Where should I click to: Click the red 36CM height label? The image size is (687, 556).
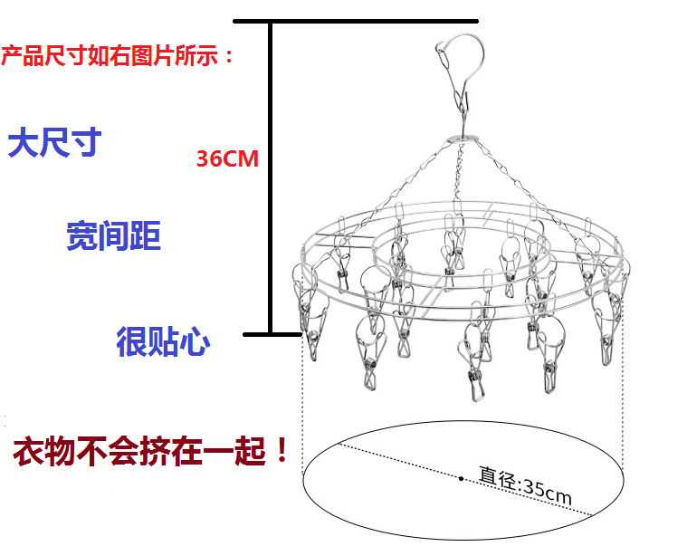tap(227, 159)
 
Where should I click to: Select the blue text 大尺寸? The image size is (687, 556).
tap(54, 143)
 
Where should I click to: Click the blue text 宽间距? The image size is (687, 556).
tap(113, 236)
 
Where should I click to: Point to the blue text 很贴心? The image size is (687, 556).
tap(163, 341)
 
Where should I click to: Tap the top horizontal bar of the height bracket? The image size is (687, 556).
tap(355, 20)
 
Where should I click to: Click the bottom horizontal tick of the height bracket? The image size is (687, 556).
tap(272, 334)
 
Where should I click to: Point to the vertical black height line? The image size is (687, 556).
tap(270, 181)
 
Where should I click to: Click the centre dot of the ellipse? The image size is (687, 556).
tap(462, 477)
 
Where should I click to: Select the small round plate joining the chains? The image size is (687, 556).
tap(464, 139)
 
